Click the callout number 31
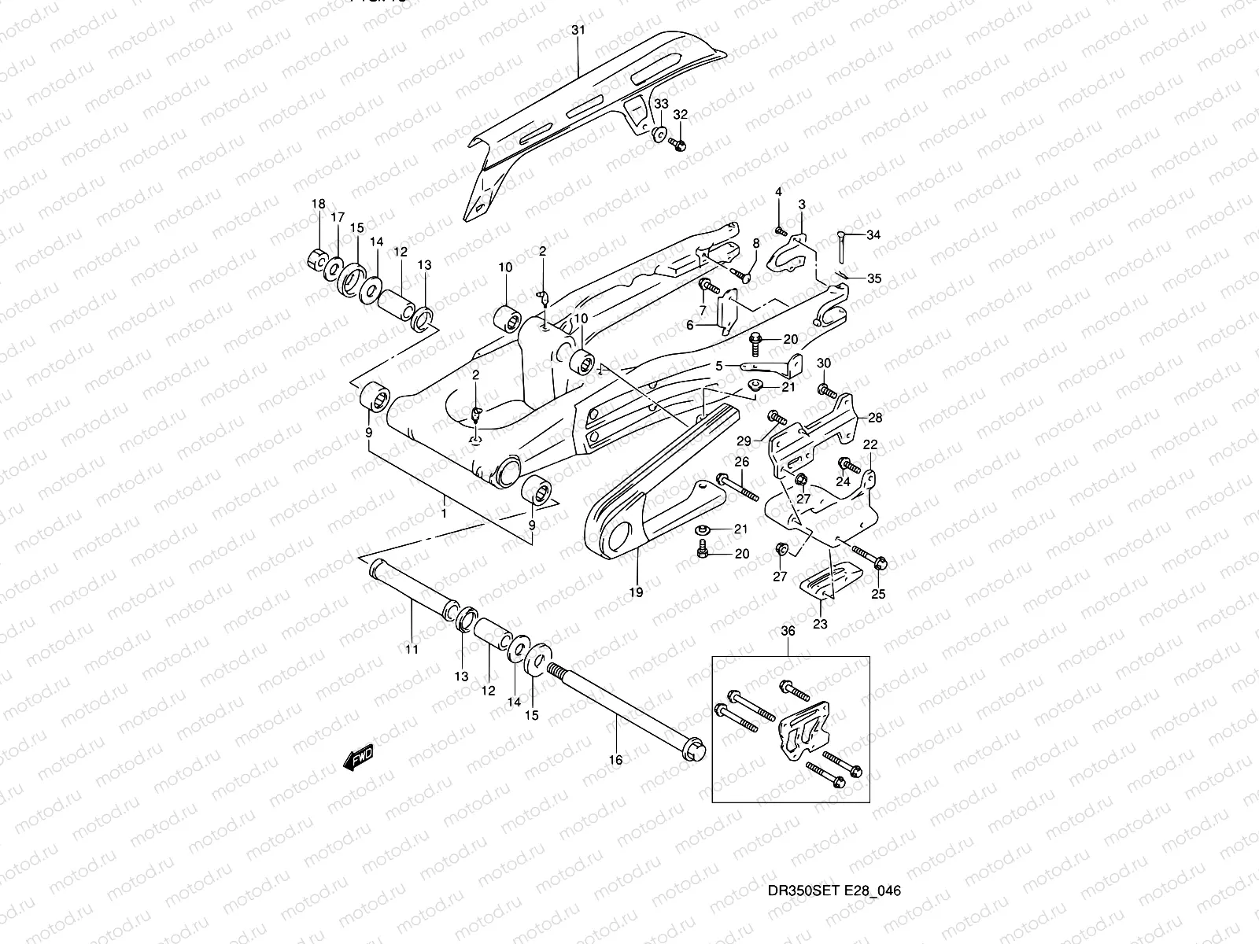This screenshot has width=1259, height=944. click(x=578, y=30)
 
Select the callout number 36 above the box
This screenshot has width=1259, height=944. click(x=788, y=631)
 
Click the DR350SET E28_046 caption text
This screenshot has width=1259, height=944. click(x=834, y=891)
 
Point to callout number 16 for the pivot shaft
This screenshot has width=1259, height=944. click(x=616, y=760)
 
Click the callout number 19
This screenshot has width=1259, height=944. click(x=636, y=592)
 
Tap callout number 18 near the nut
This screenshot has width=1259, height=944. click(x=318, y=204)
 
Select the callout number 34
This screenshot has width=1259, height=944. click(x=874, y=234)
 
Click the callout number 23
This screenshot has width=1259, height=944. click(x=820, y=625)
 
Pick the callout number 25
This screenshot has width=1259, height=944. click(x=878, y=594)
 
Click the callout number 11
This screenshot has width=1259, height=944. click(x=412, y=650)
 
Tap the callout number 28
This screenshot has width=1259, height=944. click(x=875, y=417)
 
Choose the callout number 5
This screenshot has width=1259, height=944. click(x=718, y=366)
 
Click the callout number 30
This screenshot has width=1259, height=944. click(x=823, y=363)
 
